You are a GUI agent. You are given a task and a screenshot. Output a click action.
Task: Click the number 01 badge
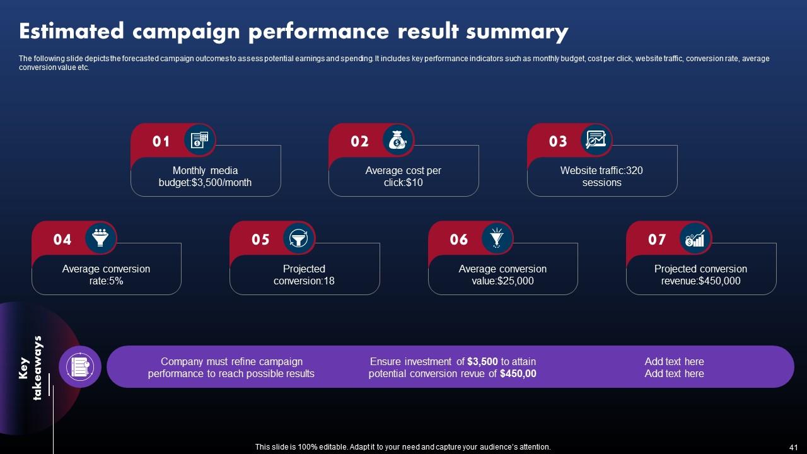pyautogui.click(x=161, y=141)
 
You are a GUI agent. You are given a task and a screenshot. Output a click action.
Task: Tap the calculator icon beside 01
pyautogui.click(x=199, y=140)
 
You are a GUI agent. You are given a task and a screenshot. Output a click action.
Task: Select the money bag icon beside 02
pyautogui.click(x=398, y=140)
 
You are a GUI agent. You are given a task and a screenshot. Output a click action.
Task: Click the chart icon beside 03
pyautogui.click(x=596, y=140)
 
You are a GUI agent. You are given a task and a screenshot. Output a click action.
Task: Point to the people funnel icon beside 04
pyautogui.click(x=100, y=238)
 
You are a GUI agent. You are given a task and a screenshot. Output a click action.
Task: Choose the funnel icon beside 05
pyautogui.click(x=298, y=238)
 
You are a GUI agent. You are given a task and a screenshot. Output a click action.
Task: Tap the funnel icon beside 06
pyautogui.click(x=497, y=238)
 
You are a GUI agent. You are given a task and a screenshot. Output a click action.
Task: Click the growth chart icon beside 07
pyautogui.click(x=695, y=238)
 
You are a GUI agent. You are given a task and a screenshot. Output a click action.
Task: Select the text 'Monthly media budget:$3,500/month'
pyautogui.click(x=205, y=177)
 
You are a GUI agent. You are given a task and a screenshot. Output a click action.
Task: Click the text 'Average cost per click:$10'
pyautogui.click(x=403, y=177)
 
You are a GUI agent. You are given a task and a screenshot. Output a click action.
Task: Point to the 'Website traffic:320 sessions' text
pyautogui.click(x=601, y=177)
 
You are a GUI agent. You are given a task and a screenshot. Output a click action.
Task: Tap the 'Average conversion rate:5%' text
pyautogui.click(x=106, y=275)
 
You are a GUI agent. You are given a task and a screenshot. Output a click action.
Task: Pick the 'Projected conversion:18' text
pyautogui.click(x=304, y=275)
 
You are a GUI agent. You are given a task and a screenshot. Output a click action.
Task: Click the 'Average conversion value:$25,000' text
pyautogui.click(x=502, y=275)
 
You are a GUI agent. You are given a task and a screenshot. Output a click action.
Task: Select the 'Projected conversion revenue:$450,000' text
pyautogui.click(x=700, y=275)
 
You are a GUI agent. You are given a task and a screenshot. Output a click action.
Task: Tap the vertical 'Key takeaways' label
pyautogui.click(x=31, y=368)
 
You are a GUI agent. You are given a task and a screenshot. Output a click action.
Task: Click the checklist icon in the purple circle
pyautogui.click(x=80, y=366)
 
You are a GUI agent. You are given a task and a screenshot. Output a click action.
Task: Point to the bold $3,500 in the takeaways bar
pyautogui.click(x=482, y=361)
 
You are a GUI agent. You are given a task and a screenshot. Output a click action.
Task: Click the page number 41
pyautogui.click(x=793, y=446)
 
